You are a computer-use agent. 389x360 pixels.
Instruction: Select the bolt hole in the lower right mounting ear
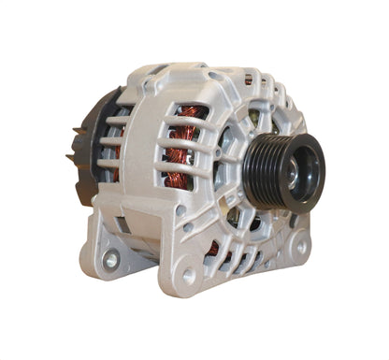click(x=300, y=248)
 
